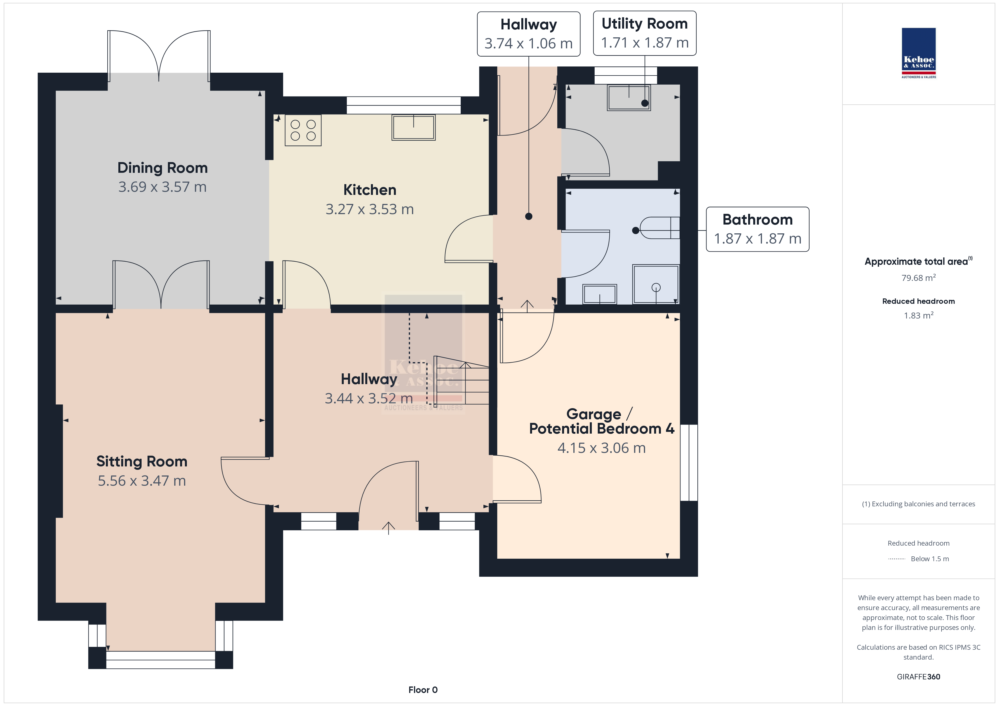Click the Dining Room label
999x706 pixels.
(x=162, y=168)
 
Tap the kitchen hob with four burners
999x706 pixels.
(x=303, y=130)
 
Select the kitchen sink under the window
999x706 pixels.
(x=413, y=127)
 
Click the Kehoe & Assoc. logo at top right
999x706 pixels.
(x=919, y=53)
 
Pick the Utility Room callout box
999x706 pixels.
(x=644, y=33)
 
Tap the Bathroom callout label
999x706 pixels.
(x=757, y=229)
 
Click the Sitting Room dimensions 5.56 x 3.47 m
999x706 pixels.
(x=142, y=481)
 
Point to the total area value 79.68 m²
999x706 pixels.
(x=919, y=278)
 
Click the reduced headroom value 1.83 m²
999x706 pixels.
(x=919, y=315)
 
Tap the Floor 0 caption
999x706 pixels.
(x=423, y=690)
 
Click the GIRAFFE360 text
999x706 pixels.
(x=919, y=677)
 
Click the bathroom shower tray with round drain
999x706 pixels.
(x=656, y=284)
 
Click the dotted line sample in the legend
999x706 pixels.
(x=896, y=559)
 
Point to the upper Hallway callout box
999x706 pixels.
(x=529, y=34)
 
